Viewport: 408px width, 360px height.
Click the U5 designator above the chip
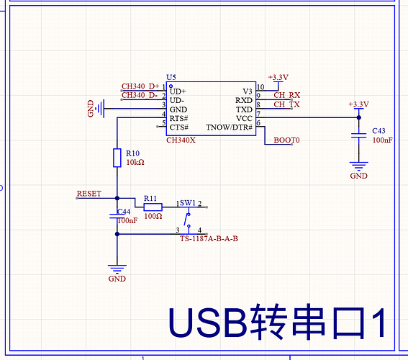point(171,77)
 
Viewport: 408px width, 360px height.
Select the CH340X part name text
point(181,140)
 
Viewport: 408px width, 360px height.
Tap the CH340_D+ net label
point(140,86)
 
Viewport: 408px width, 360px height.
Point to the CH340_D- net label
point(140,95)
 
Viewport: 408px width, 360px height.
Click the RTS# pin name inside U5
point(178,118)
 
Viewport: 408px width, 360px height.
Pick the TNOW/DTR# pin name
point(230,127)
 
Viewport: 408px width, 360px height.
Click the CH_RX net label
point(286,95)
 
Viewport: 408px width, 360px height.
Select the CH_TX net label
point(286,104)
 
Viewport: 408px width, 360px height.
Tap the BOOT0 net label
point(286,140)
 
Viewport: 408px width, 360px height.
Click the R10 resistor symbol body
point(117,158)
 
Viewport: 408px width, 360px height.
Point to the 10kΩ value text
point(135,162)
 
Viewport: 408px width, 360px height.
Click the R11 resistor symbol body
point(153,207)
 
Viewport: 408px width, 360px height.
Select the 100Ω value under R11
point(153,216)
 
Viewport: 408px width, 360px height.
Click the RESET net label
point(89,194)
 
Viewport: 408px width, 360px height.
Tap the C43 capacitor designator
point(378,130)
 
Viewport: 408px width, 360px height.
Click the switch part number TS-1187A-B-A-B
point(209,238)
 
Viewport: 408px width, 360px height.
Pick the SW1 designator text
point(188,203)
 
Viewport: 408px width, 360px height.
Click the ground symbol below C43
point(359,166)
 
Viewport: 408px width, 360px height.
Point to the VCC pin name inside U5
point(244,118)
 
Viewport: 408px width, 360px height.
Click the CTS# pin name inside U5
point(178,127)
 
